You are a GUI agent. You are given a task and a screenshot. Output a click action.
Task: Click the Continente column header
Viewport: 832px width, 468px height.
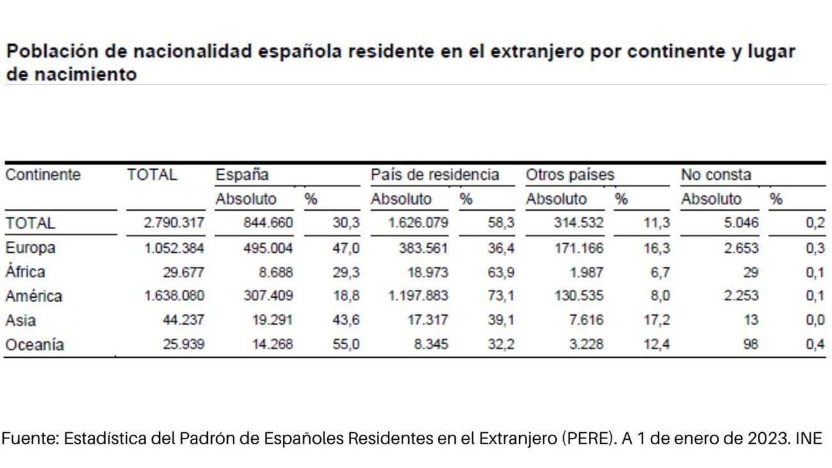click(x=42, y=175)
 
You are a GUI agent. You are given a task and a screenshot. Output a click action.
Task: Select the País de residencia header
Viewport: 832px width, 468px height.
click(x=435, y=175)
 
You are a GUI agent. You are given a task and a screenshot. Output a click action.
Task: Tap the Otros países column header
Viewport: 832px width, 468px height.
click(x=570, y=175)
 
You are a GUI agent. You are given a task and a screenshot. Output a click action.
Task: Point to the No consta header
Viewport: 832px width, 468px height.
click(x=716, y=175)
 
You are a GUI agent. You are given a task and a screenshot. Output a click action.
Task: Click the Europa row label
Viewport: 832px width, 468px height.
click(x=30, y=248)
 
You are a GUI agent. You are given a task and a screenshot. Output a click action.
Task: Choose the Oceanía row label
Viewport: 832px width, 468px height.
click(x=35, y=345)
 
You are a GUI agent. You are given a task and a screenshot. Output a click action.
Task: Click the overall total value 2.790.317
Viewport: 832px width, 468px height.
click(x=173, y=223)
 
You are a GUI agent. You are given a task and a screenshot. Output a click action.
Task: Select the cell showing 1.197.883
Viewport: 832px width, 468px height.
click(x=417, y=296)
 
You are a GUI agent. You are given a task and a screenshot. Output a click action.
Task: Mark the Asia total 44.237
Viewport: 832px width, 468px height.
click(x=183, y=321)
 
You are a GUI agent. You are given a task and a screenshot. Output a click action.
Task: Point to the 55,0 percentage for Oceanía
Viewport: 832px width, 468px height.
click(x=348, y=345)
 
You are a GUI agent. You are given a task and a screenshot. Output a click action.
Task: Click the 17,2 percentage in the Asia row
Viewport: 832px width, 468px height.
click(x=657, y=321)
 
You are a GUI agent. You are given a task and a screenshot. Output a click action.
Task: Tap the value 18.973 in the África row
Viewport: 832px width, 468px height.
click(x=427, y=272)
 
